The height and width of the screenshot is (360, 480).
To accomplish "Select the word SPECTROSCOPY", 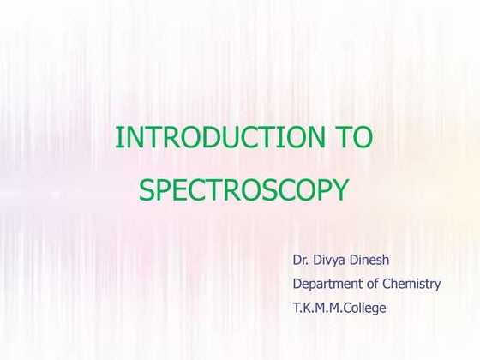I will point(244,190).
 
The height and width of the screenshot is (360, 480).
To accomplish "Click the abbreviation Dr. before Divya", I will point(301,259).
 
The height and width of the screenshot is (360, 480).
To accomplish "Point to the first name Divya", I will point(333,259).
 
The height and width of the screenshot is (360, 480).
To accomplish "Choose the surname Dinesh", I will point(377,259).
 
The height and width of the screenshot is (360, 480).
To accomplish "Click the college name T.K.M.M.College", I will point(339,307).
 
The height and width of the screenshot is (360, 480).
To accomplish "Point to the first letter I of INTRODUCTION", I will point(118,137).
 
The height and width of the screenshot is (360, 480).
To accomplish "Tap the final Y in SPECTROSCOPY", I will point(341,190).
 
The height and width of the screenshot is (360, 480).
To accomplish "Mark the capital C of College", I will point(350,307).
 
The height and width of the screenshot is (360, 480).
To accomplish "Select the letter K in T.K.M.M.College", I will point(309,307).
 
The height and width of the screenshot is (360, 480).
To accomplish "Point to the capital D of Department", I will point(297,284).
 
